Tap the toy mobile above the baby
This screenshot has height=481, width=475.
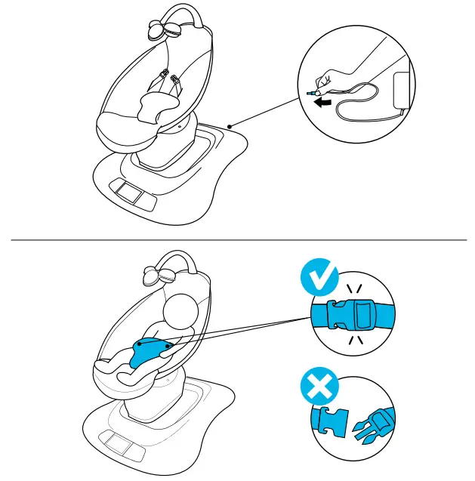[x=157, y=274]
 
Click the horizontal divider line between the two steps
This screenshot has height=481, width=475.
[x=237, y=240]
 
